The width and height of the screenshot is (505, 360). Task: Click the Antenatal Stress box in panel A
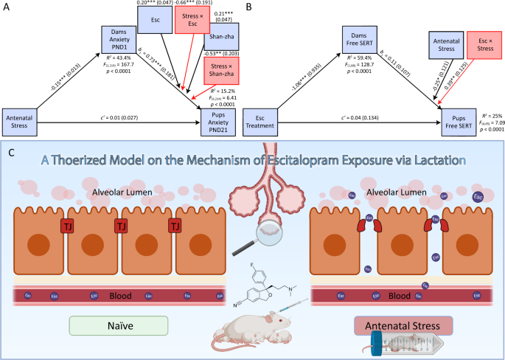(21, 121)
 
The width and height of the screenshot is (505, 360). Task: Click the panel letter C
(10, 153)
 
